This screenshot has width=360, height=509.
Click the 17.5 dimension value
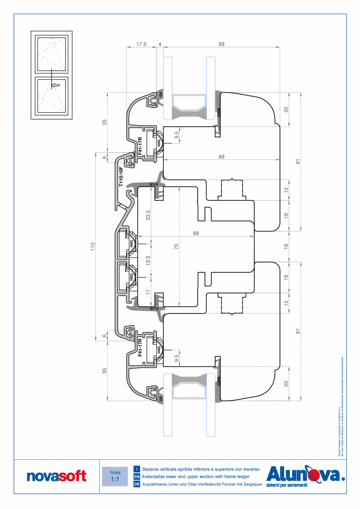click(141, 44)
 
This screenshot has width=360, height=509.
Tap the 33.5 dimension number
click(148, 215)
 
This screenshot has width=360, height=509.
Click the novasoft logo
click(56, 476)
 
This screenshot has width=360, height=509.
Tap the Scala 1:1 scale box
click(115, 476)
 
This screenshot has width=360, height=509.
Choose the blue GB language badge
click(137, 477)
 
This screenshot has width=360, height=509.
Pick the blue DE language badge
click(137, 484)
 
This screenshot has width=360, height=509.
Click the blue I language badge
click(137, 469)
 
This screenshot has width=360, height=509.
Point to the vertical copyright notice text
click(340, 407)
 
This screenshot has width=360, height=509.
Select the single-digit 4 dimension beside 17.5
click(160, 44)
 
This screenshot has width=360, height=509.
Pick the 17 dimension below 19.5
click(148, 291)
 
